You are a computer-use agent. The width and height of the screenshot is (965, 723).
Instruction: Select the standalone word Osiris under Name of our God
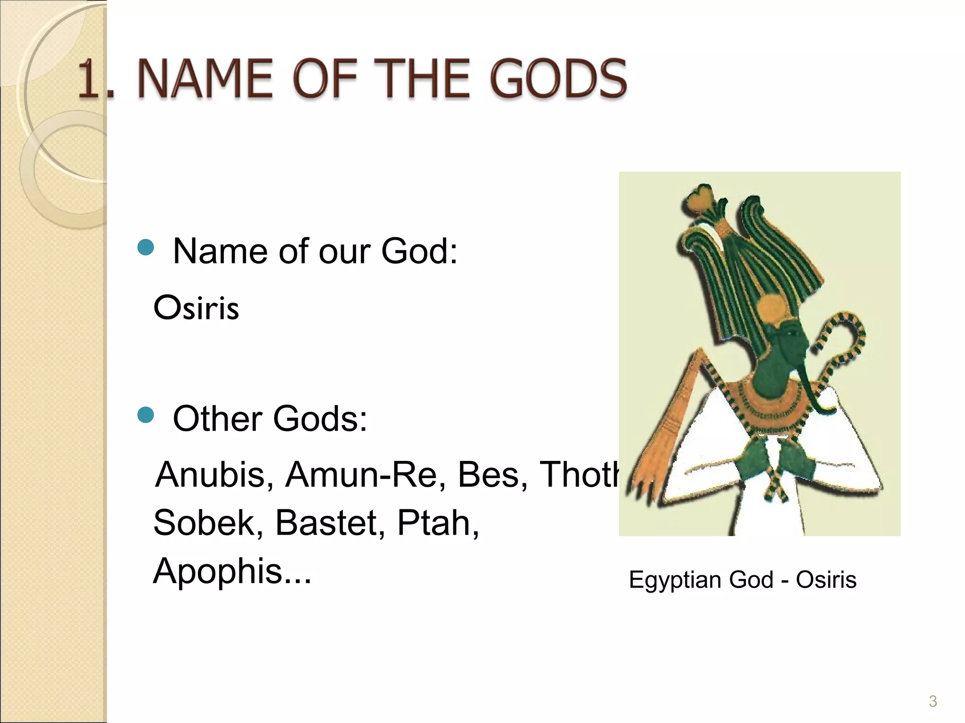(x=196, y=308)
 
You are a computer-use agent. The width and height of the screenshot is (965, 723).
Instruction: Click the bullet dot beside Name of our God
(x=146, y=248)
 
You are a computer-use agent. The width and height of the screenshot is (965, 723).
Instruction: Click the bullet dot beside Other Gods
(x=146, y=415)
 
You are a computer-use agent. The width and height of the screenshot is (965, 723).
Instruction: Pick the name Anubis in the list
(x=214, y=474)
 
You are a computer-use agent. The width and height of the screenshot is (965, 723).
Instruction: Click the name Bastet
(x=330, y=523)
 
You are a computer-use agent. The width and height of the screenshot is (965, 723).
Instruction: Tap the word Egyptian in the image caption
(x=675, y=580)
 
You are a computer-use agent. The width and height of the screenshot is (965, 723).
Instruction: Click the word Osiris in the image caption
(x=826, y=580)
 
